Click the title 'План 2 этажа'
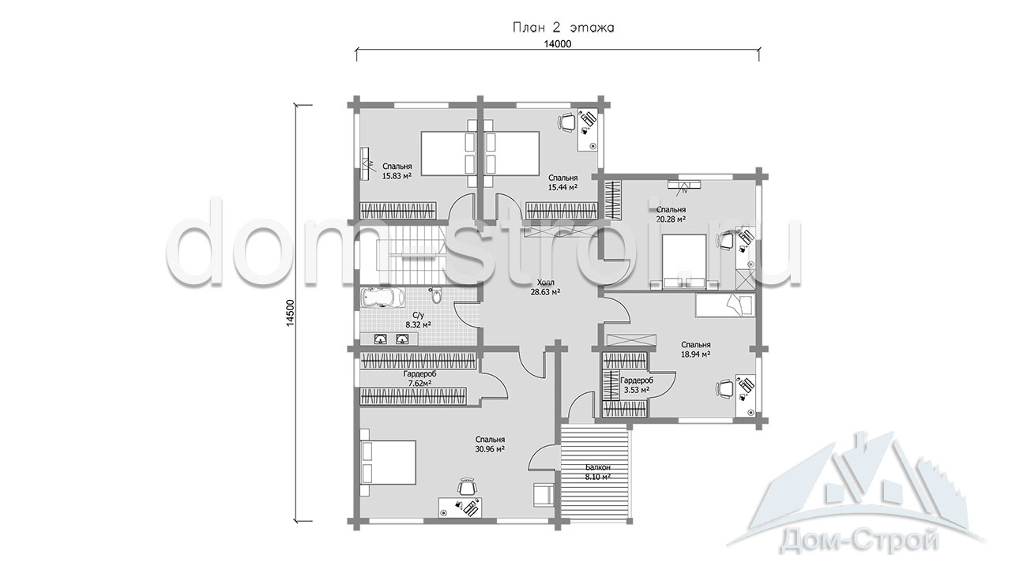(563, 28)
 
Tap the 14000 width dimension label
(557, 44)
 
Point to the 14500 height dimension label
(290, 313)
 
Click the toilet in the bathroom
(436, 296)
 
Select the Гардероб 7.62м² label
(419, 378)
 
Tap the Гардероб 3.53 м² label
(637, 385)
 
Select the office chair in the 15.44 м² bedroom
(566, 122)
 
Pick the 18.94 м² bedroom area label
(695, 350)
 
